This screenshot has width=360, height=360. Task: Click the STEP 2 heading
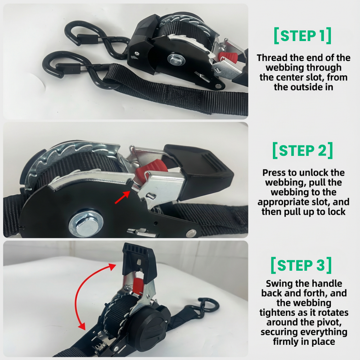(x=302, y=150)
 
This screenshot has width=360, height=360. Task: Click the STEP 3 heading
(x=302, y=266)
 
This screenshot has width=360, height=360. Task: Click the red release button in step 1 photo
(x=228, y=57)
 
